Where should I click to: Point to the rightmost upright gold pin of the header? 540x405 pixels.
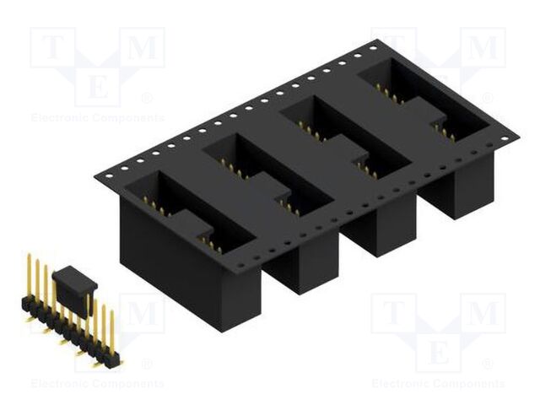point(111,333)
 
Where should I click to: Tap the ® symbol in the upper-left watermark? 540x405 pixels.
point(148,99)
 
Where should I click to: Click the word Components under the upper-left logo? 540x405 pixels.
point(126,117)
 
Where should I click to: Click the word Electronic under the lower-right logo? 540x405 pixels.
point(400,384)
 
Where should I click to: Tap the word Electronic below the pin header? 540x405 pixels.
point(59,384)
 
